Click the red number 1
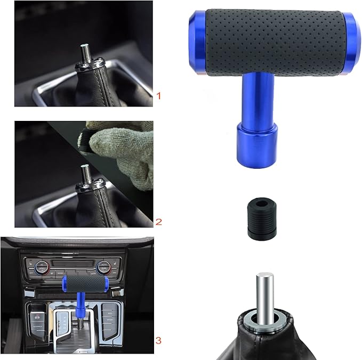tap(158, 96)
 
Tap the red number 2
tap(158, 220)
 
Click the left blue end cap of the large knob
tap(196, 42)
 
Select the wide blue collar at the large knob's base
tap(256, 141)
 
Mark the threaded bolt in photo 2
tap(84, 173)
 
